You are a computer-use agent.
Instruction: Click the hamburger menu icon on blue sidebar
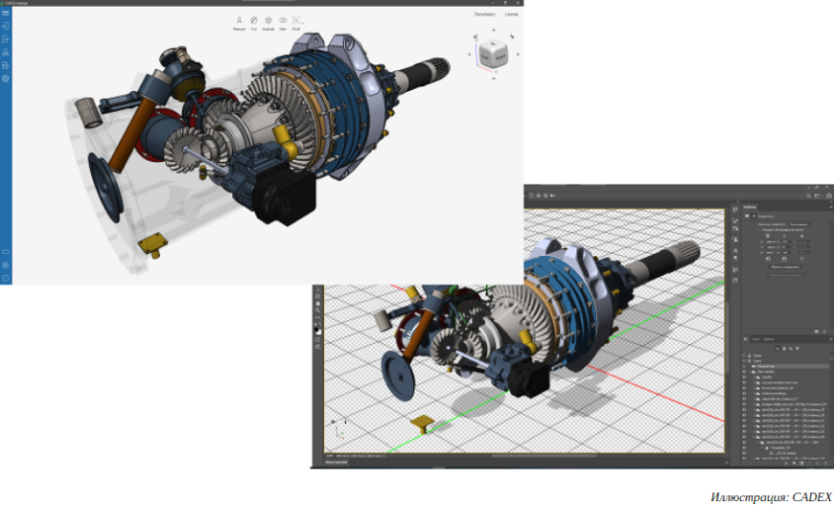(6, 12)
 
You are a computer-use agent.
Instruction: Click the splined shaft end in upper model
(450, 70)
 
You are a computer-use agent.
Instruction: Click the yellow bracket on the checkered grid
(423, 422)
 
